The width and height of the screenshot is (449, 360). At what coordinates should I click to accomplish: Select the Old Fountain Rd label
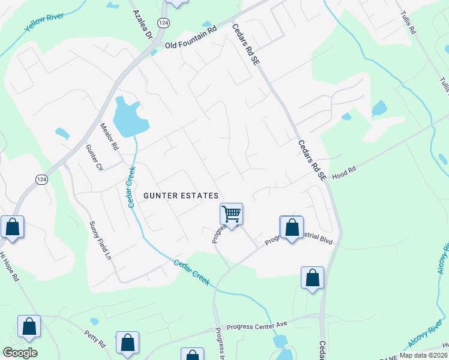click(x=190, y=37)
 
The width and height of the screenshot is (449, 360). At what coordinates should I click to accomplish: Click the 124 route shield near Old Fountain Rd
click(x=163, y=22)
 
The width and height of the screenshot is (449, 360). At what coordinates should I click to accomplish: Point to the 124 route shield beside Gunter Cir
click(x=41, y=180)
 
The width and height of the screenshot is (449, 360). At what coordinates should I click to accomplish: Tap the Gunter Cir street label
click(x=94, y=158)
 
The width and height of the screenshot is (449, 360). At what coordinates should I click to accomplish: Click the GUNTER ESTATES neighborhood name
click(x=180, y=196)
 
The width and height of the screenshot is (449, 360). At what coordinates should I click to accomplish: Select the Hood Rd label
click(x=344, y=170)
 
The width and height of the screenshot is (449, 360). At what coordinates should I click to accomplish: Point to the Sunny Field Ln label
click(x=100, y=241)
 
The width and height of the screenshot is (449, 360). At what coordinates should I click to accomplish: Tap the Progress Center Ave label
click(x=252, y=328)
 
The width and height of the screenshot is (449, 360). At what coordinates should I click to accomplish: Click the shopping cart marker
click(x=231, y=213)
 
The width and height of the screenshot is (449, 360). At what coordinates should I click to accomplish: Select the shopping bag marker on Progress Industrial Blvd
click(x=292, y=228)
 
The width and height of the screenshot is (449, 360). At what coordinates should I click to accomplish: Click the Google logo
click(x=20, y=353)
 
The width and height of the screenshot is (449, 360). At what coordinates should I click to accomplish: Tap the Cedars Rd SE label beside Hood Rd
click(x=312, y=160)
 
